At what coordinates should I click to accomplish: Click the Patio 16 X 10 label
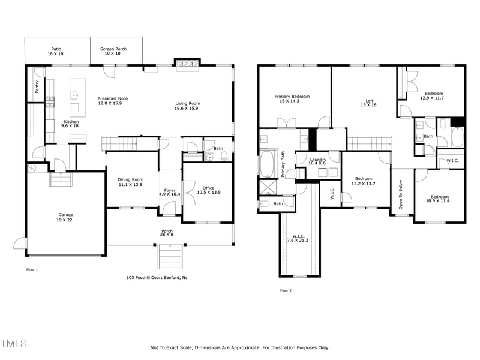coord(56,52)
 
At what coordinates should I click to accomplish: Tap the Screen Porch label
coord(113,52)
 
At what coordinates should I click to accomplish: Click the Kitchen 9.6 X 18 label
coord(71,124)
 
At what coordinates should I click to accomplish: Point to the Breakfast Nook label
coord(113,101)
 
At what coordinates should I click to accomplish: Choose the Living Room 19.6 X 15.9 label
coord(187,106)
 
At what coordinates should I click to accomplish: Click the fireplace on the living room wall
coord(187,64)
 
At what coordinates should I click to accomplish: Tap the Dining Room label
coord(130,182)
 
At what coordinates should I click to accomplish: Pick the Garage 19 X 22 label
coord(65,217)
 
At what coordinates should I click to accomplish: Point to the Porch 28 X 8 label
coord(167,233)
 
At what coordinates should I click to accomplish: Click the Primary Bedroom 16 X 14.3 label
coord(292,99)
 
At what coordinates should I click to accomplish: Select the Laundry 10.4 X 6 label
coord(317,161)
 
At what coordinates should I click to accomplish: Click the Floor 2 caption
coord(286,290)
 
